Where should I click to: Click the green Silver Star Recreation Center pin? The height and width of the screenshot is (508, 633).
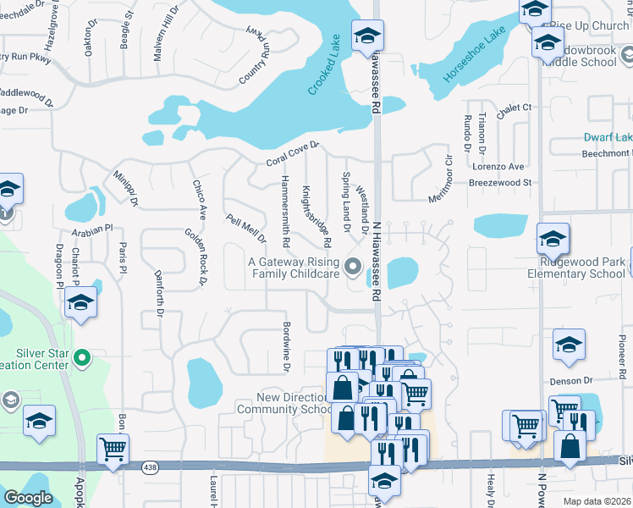(x=82, y=358)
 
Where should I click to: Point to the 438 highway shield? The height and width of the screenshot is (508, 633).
(x=149, y=466)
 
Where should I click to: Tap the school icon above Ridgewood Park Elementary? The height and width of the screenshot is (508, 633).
(x=552, y=241)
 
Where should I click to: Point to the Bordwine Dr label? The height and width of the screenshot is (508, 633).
(x=286, y=345)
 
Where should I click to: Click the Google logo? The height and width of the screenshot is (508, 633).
(x=28, y=498)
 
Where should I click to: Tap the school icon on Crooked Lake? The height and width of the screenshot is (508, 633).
(x=366, y=36)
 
